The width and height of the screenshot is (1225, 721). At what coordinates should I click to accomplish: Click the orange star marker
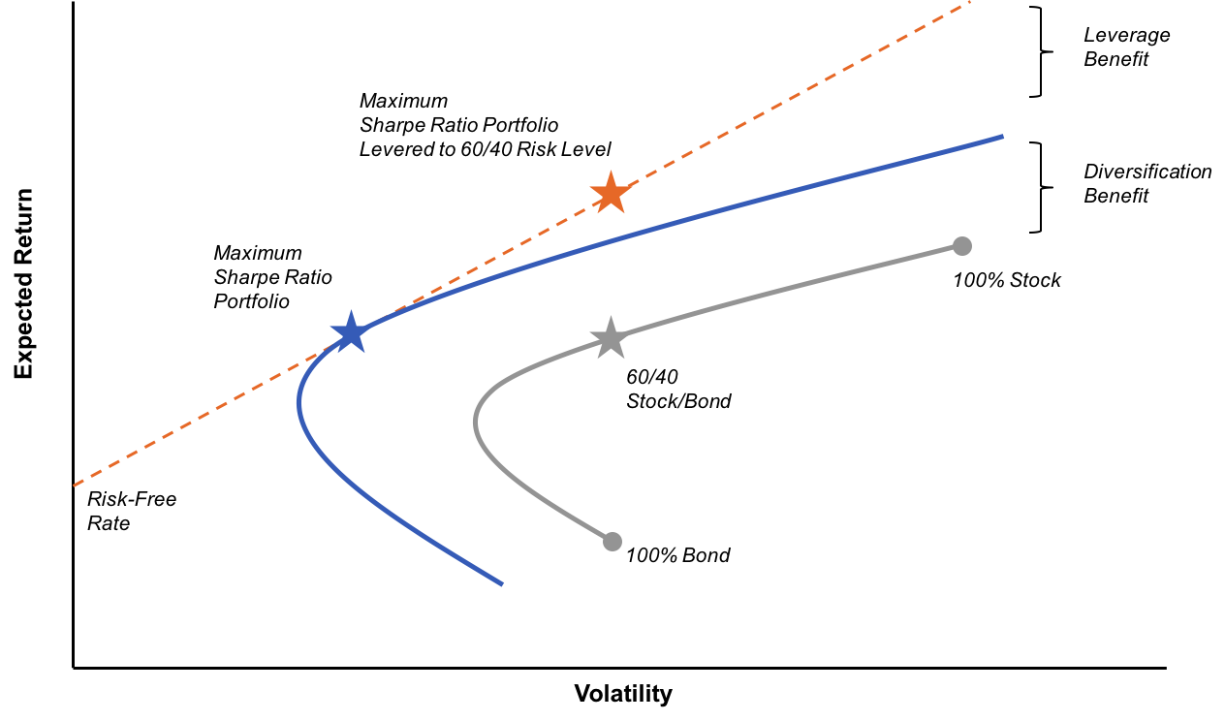pos(611,194)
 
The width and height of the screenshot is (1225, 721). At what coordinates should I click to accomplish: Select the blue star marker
pos(350,333)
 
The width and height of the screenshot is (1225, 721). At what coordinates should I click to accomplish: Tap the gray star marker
pos(610,338)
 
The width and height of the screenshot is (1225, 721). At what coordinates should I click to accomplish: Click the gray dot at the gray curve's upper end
pos(961,246)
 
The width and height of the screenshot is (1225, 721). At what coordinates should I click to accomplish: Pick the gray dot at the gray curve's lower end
pos(612,542)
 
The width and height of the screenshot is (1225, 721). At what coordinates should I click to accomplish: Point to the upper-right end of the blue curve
pos(1002,137)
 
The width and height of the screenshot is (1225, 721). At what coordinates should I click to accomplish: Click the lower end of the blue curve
pos(502,584)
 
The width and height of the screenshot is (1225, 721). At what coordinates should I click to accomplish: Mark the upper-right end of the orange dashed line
pos(969,2)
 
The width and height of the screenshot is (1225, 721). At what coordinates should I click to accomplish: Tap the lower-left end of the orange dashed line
pos(74,486)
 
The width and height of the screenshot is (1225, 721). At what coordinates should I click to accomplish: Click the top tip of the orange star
pos(611,171)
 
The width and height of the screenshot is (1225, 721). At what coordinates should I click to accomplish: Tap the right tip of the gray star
pos(630,333)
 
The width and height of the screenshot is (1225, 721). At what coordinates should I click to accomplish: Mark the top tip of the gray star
pos(610,316)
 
